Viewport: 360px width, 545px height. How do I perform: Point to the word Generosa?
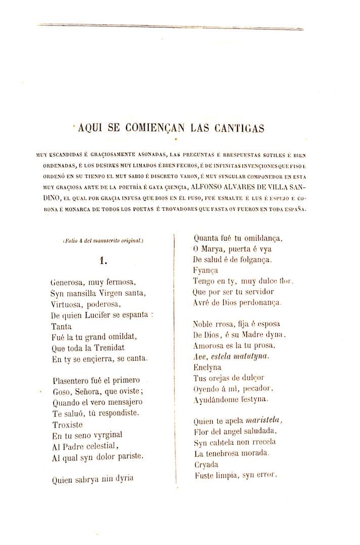pos(68,282)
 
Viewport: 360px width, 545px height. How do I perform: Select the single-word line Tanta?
pos(61,326)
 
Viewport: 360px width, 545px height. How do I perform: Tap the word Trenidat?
pos(107,348)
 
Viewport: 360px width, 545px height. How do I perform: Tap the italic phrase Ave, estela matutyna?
pos(231,357)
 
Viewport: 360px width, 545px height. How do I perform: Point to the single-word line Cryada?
pos(206,464)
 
